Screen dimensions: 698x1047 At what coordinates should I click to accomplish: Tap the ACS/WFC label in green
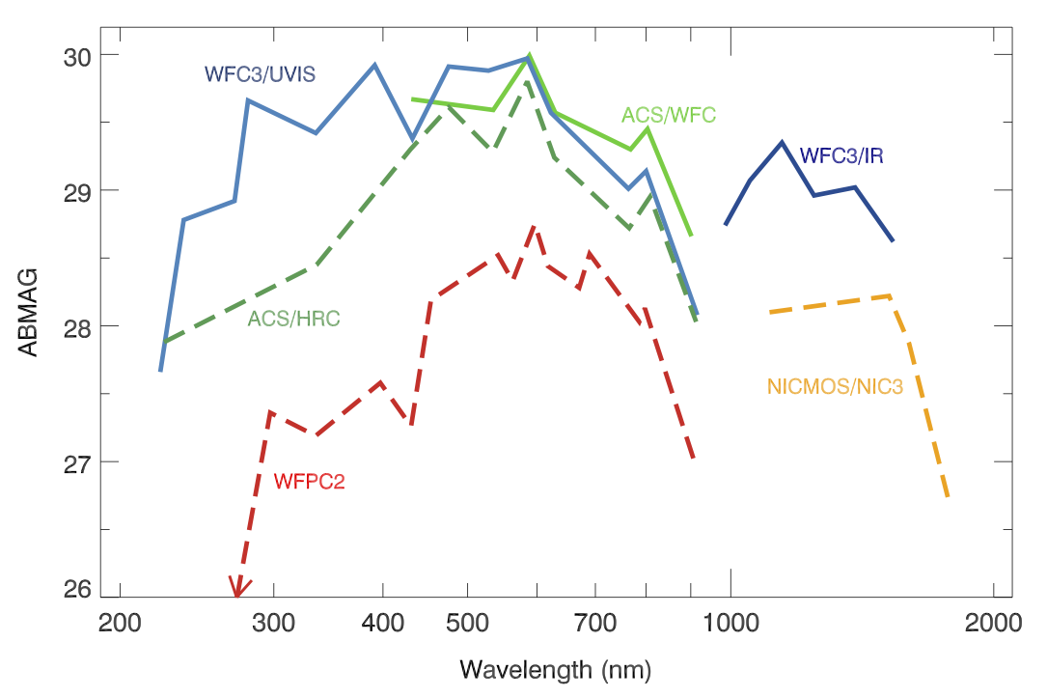pos(668,115)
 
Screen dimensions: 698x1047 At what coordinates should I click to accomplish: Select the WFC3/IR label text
pos(841,155)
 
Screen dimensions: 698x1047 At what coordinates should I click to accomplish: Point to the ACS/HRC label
pos(293,318)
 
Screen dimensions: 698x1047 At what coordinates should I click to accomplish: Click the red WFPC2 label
pos(309,480)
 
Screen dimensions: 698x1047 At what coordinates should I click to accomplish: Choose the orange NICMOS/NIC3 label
pos(835,387)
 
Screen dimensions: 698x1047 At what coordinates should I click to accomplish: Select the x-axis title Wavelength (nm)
pos(555,668)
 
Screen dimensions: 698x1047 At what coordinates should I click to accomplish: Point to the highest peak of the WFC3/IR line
pos(782,142)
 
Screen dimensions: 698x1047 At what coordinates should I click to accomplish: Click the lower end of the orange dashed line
pos(949,496)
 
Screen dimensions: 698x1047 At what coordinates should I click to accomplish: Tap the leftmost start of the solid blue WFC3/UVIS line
pos(160,370)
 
